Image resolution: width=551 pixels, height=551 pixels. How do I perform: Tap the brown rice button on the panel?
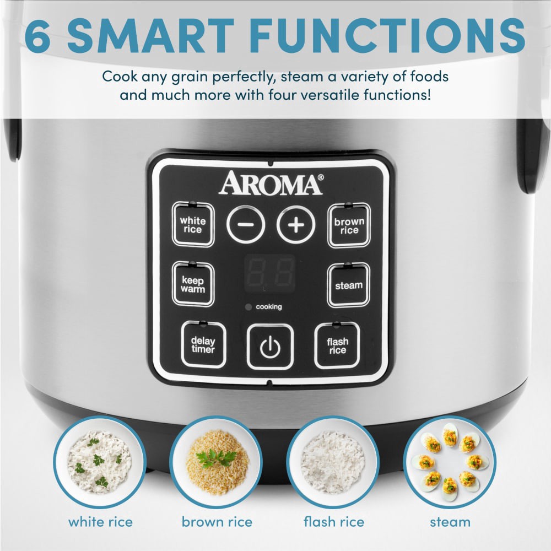[349, 225]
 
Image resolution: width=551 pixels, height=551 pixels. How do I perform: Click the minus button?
[246, 225]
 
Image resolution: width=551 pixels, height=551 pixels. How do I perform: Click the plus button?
[296, 225]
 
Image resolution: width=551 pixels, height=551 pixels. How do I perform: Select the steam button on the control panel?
[348, 285]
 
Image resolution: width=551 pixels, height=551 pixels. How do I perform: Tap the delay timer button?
[203, 345]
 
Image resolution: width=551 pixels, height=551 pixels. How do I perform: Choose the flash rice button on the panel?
[337, 345]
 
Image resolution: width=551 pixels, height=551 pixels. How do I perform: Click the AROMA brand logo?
[271, 184]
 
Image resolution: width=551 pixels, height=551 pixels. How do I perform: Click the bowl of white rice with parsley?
[100, 462]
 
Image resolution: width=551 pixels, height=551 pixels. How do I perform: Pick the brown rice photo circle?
[217, 462]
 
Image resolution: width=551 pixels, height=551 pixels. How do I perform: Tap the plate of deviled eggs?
[450, 462]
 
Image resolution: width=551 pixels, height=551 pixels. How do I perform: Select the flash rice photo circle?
[333, 462]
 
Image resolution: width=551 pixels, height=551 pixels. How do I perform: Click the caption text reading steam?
[450, 521]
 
